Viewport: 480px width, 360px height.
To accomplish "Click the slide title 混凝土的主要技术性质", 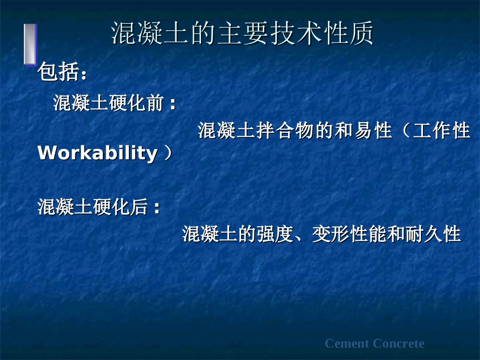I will (x=242, y=34).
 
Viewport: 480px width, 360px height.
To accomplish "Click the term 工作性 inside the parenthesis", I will (x=442, y=131).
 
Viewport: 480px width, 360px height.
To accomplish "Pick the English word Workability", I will (x=98, y=153).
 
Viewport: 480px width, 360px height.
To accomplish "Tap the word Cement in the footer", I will (x=347, y=344).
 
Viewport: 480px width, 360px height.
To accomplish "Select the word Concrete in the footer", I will (x=399, y=344).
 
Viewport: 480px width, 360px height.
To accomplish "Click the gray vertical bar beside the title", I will (x=30, y=44).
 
